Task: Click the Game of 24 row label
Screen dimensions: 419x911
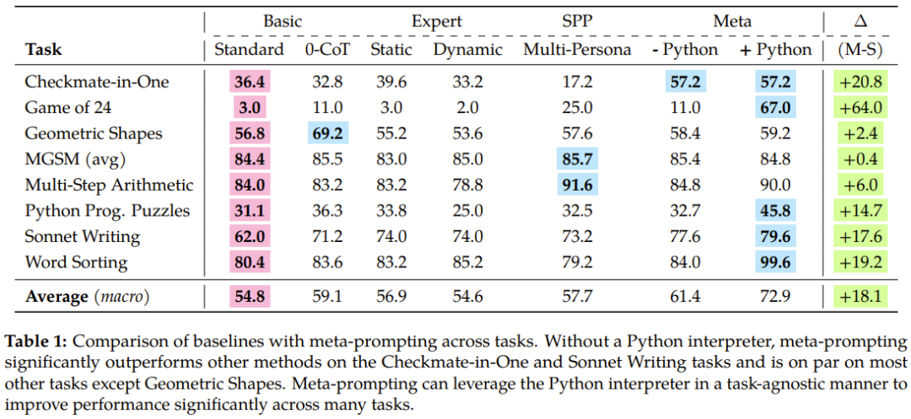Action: pos(68,107)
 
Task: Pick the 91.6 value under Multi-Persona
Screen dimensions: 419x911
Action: pos(577,185)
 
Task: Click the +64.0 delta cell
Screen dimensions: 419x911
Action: pos(860,107)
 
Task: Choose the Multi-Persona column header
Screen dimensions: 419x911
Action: pos(577,50)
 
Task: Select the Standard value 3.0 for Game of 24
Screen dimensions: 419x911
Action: pos(249,107)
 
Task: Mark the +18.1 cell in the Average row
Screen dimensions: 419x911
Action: pos(860,296)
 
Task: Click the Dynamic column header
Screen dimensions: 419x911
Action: pos(468,50)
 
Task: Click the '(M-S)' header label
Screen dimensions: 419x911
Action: pos(860,50)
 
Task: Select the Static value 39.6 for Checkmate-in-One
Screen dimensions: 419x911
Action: pos(391,82)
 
